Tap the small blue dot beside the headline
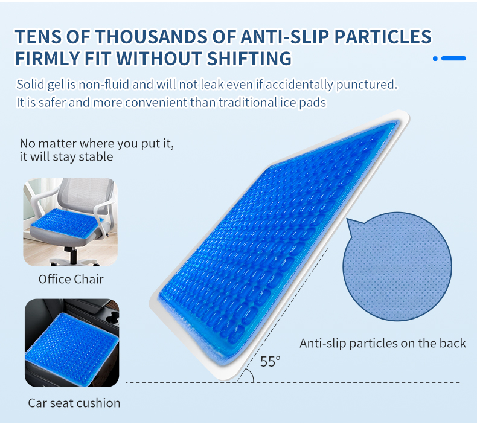(435, 59)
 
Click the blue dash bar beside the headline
(453, 59)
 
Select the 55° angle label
(270, 362)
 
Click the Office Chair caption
(71, 279)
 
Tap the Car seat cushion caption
(74, 403)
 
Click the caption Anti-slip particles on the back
(383, 343)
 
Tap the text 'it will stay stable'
(66, 157)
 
